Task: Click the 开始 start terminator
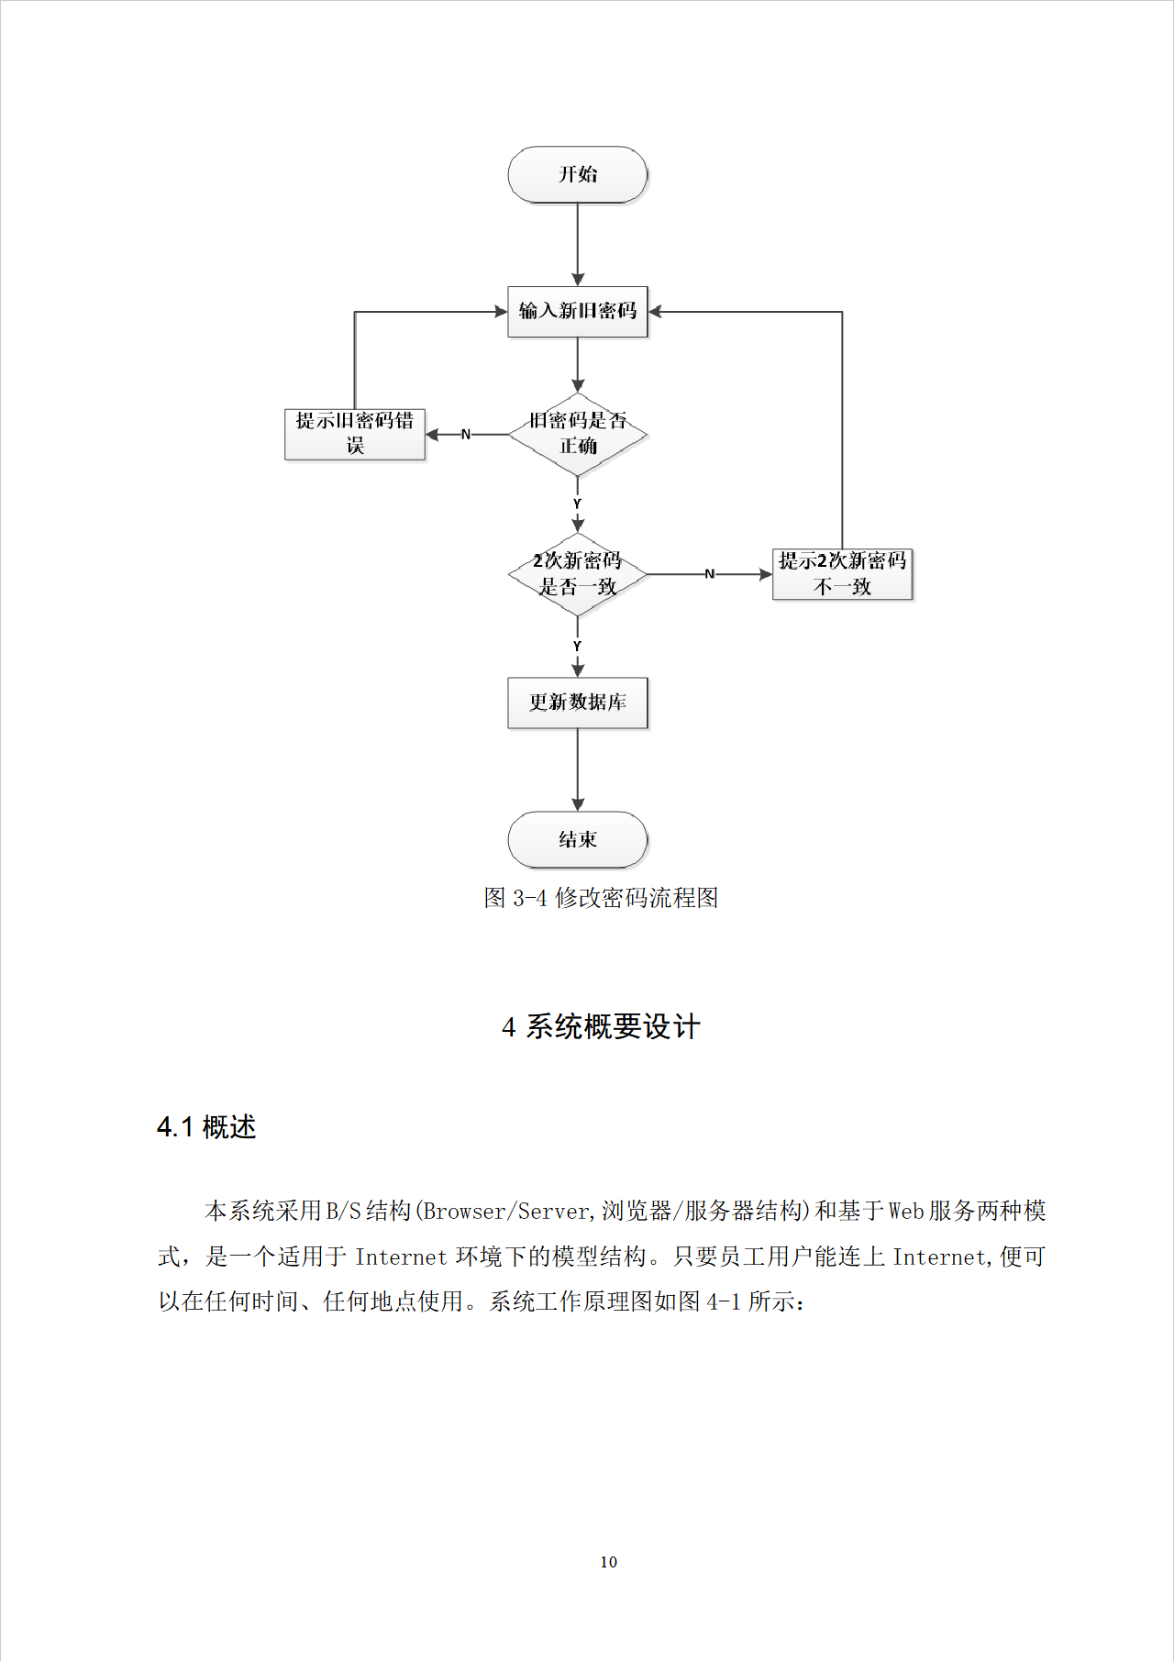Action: click(x=578, y=174)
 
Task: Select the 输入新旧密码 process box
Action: click(x=578, y=312)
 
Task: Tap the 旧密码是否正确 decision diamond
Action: click(x=578, y=434)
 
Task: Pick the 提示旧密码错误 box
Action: click(x=355, y=434)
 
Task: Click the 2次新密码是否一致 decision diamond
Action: click(x=578, y=574)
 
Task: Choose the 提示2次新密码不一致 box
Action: click(x=842, y=574)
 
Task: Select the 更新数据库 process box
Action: click(x=578, y=703)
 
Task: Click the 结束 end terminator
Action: click(x=578, y=839)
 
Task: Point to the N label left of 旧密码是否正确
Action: click(x=466, y=434)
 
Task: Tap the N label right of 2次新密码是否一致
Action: click(x=709, y=574)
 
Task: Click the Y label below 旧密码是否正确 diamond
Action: click(x=577, y=504)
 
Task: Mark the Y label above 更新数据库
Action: click(x=577, y=646)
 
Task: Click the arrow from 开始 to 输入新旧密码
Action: click(x=578, y=244)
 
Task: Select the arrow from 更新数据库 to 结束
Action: click(x=578, y=770)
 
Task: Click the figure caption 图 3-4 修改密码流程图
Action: click(x=601, y=898)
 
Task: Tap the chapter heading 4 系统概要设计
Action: click(x=601, y=1026)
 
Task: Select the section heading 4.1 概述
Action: click(x=206, y=1127)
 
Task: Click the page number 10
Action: click(x=608, y=1562)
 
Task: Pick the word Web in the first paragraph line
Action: click(x=906, y=1212)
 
